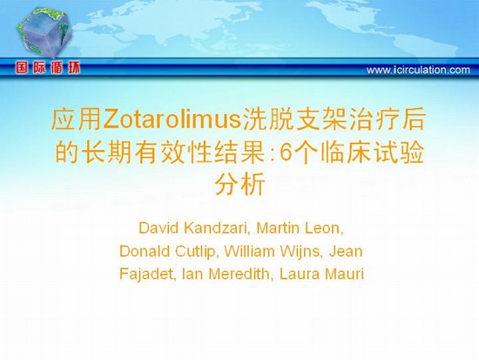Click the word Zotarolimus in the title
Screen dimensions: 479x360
pos(172,119)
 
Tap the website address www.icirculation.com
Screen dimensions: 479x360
pos(418,70)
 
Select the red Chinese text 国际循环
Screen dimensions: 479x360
pos(48,68)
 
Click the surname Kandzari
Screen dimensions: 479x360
pos(217,228)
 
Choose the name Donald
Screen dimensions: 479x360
pos(145,251)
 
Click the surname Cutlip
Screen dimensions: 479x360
pos(195,252)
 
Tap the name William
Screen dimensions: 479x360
pos(249,251)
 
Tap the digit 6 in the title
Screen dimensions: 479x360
pos(285,152)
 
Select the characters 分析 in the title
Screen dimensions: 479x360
pos(239,184)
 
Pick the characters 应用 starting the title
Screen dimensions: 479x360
pos(77,119)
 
